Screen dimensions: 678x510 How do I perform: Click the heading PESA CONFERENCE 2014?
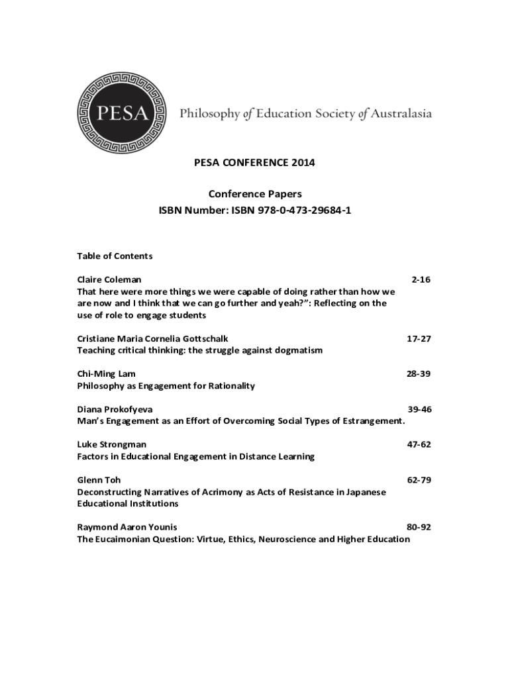tap(255, 162)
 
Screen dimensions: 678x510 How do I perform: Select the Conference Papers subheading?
tap(255, 194)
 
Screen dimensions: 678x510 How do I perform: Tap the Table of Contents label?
tap(115, 256)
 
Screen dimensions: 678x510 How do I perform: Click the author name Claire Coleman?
tap(109, 279)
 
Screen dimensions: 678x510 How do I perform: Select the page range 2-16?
tap(421, 279)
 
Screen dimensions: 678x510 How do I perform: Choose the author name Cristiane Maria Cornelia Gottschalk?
tap(153, 338)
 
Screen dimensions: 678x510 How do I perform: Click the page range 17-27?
tap(419, 338)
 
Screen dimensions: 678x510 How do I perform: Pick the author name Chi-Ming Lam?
tap(107, 373)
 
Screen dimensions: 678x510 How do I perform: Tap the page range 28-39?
tap(419, 373)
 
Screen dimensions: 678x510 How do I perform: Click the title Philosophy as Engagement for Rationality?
tap(166, 385)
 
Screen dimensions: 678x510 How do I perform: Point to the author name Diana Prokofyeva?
tap(115, 409)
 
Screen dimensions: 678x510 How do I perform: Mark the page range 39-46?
tap(419, 409)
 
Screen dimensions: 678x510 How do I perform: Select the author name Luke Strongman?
tap(112, 444)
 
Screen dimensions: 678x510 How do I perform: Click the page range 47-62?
tap(419, 444)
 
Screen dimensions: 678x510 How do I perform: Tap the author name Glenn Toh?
tap(99, 480)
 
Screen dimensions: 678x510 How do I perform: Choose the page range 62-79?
tap(419, 480)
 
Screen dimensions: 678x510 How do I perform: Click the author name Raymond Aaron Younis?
tap(127, 527)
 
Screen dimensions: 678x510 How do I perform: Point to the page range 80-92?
tap(419, 527)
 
